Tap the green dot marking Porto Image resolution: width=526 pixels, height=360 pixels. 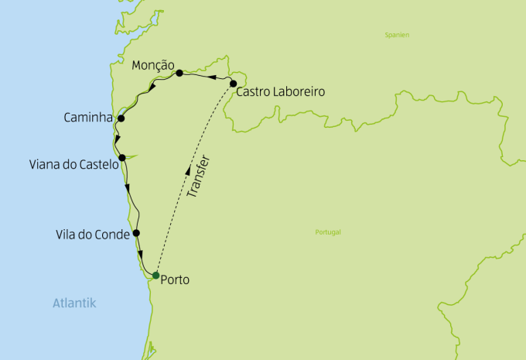coord(156,276)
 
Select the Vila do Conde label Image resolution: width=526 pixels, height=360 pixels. coord(92,234)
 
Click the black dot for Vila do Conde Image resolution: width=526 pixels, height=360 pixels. coord(136,232)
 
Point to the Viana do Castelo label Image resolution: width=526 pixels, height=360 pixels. coord(72,165)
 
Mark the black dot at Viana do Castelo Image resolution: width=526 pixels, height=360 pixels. coord(122,157)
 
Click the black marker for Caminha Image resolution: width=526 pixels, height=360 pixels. coord(121,118)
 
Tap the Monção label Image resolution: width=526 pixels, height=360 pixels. coord(152,65)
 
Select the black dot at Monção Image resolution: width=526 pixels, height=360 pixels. coord(179,73)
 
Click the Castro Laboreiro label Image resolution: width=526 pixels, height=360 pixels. coord(280,92)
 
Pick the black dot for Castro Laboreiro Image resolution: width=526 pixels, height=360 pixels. coord(233,83)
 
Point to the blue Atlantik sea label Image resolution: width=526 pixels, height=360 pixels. coord(74,303)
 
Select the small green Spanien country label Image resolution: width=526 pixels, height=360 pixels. coord(397,35)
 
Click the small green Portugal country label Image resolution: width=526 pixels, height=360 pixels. coord(328,232)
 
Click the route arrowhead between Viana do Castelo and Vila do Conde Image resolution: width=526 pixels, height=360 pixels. coord(128,187)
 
